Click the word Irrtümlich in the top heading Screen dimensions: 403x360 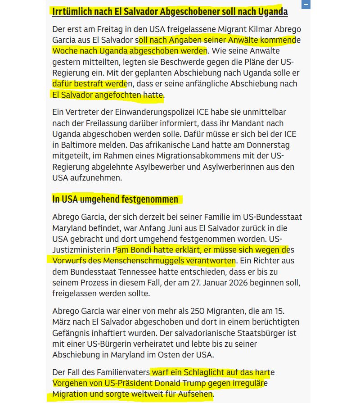tap(72, 11)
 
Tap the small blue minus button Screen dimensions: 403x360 tap(306, 5)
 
